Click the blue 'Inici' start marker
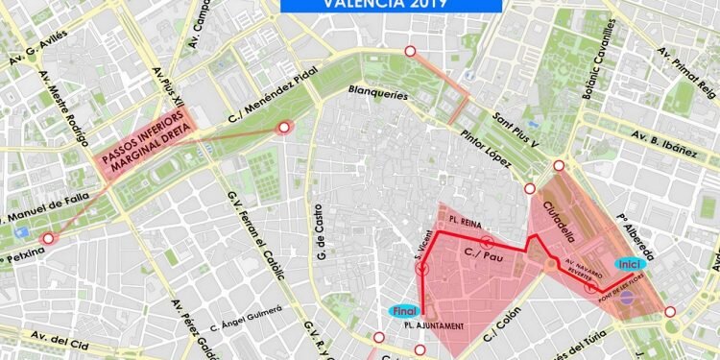[628, 264]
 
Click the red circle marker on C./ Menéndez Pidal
[283, 128]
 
